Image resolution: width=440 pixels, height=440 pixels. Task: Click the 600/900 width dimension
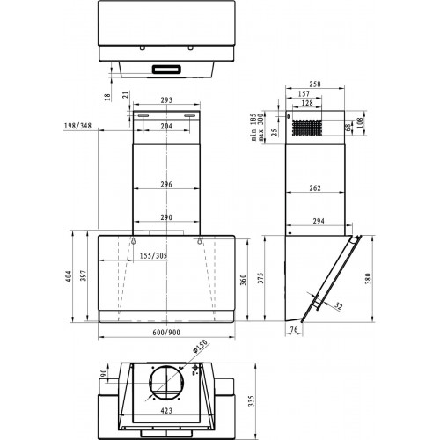(x=165, y=332)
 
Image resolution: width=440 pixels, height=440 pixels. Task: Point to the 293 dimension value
(x=165, y=101)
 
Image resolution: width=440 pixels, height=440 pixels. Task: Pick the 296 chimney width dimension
(x=165, y=185)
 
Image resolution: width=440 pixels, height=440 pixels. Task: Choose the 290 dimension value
(x=165, y=216)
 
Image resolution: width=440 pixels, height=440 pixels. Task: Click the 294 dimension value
(x=318, y=221)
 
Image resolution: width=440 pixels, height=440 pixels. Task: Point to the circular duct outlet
(x=165, y=384)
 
